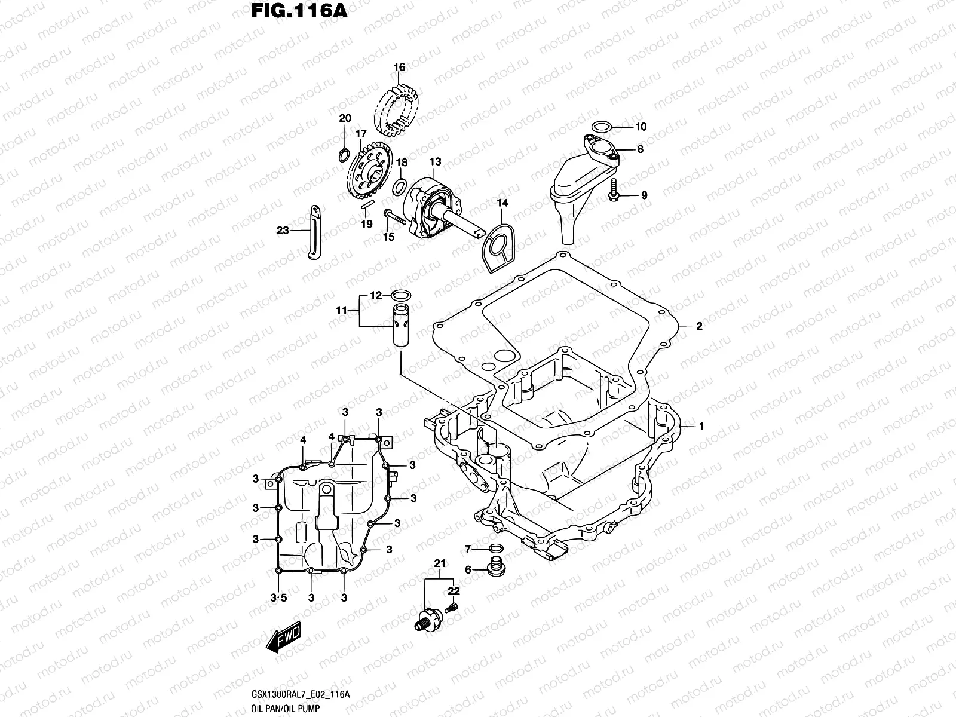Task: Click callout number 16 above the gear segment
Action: point(399,67)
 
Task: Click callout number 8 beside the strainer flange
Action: point(640,149)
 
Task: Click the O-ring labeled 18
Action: point(401,186)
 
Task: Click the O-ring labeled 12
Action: point(400,295)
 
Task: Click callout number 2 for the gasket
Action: point(698,326)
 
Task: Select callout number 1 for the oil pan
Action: point(701,426)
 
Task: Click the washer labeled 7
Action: point(495,549)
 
